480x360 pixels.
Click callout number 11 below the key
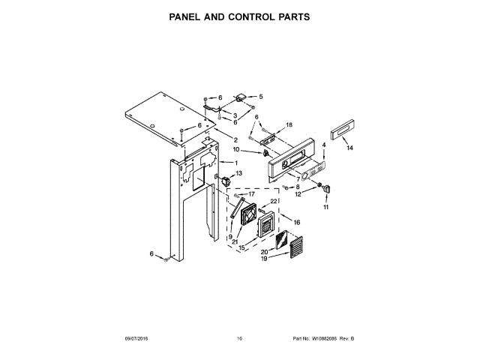[325, 207]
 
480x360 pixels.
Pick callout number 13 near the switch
[239, 173]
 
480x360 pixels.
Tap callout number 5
[260, 97]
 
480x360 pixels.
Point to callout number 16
[296, 222]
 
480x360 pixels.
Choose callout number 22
[274, 202]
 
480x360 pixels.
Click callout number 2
[235, 140]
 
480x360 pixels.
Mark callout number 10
[256, 151]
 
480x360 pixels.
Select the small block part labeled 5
[242, 97]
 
